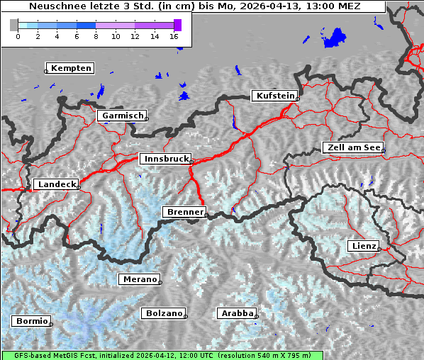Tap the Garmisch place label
[x=123, y=116]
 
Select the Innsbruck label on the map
[x=165, y=159]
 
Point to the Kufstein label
[x=275, y=96]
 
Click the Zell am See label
[x=353, y=147]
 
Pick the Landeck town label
[x=56, y=184]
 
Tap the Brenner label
[x=184, y=212]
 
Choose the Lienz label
[x=363, y=246]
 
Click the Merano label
[x=139, y=279]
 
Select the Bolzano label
[x=164, y=313]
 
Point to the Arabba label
[x=236, y=313]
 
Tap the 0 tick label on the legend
[x=18, y=36]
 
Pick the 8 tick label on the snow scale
[x=96, y=36]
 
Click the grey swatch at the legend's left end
[x=13, y=25]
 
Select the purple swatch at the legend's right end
[x=177, y=25]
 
